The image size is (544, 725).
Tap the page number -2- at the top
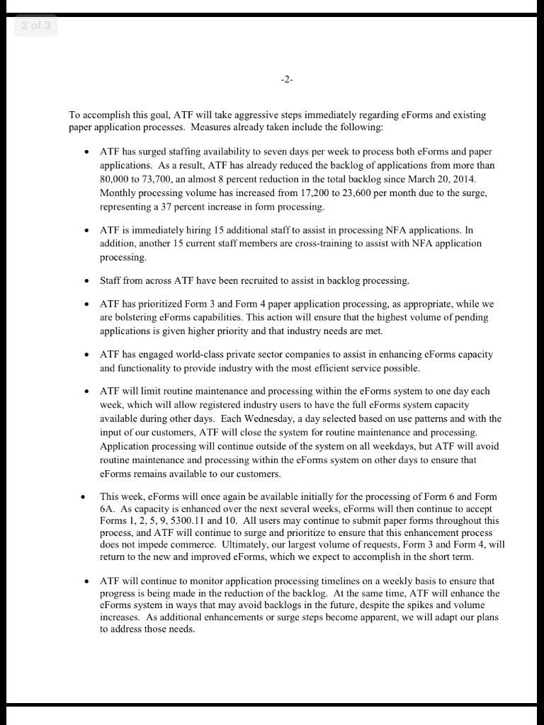[x=286, y=80]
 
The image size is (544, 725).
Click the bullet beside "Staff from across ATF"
[x=86, y=281]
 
